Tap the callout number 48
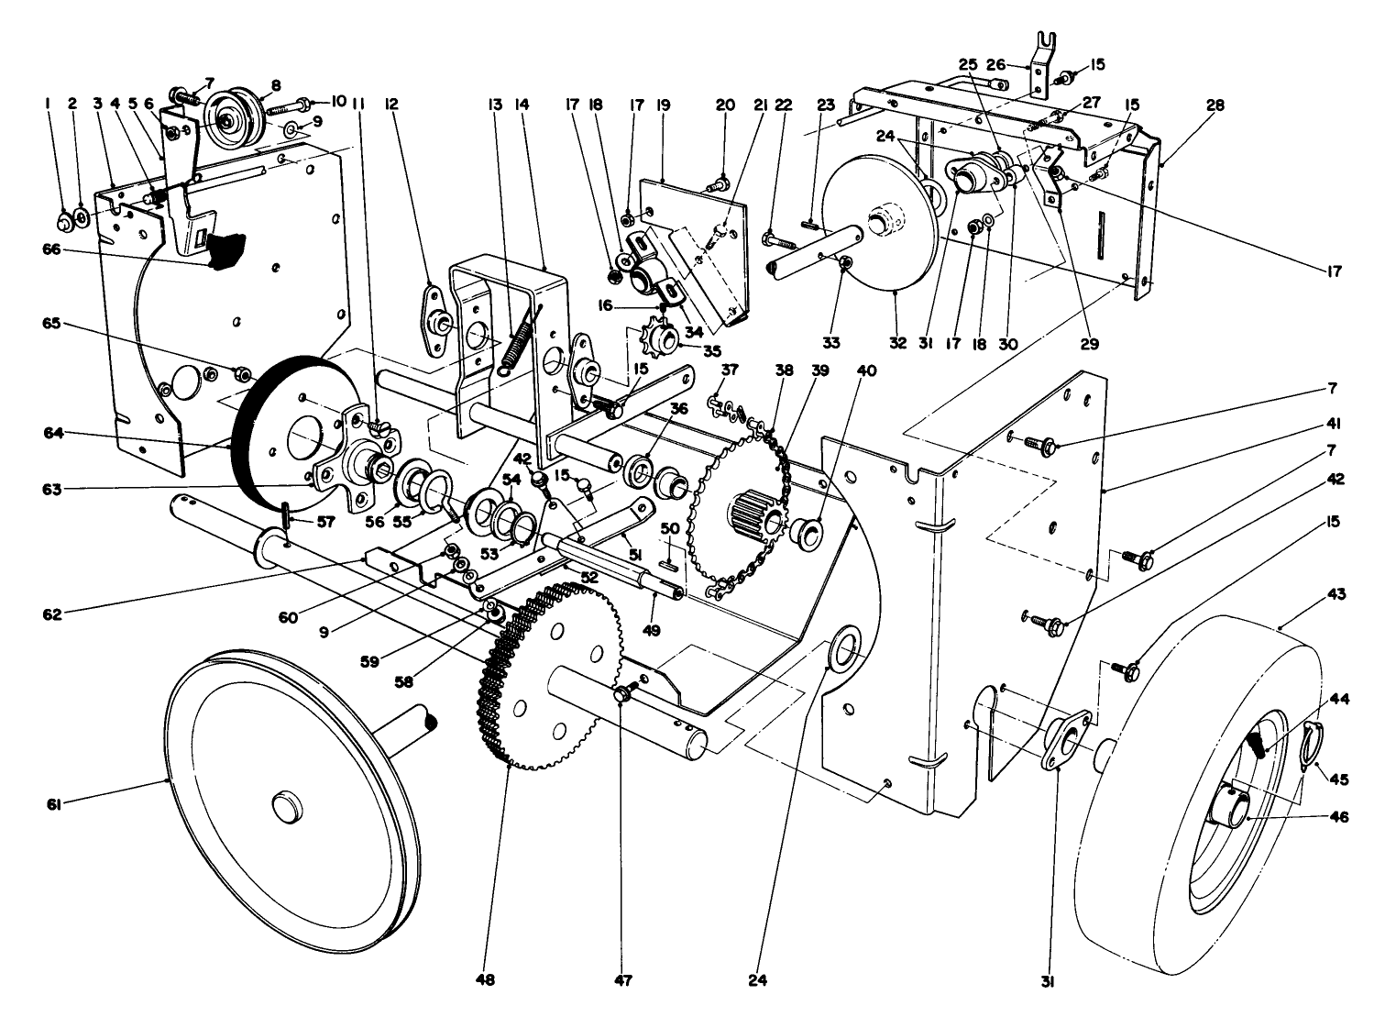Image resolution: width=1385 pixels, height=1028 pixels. point(485,980)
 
